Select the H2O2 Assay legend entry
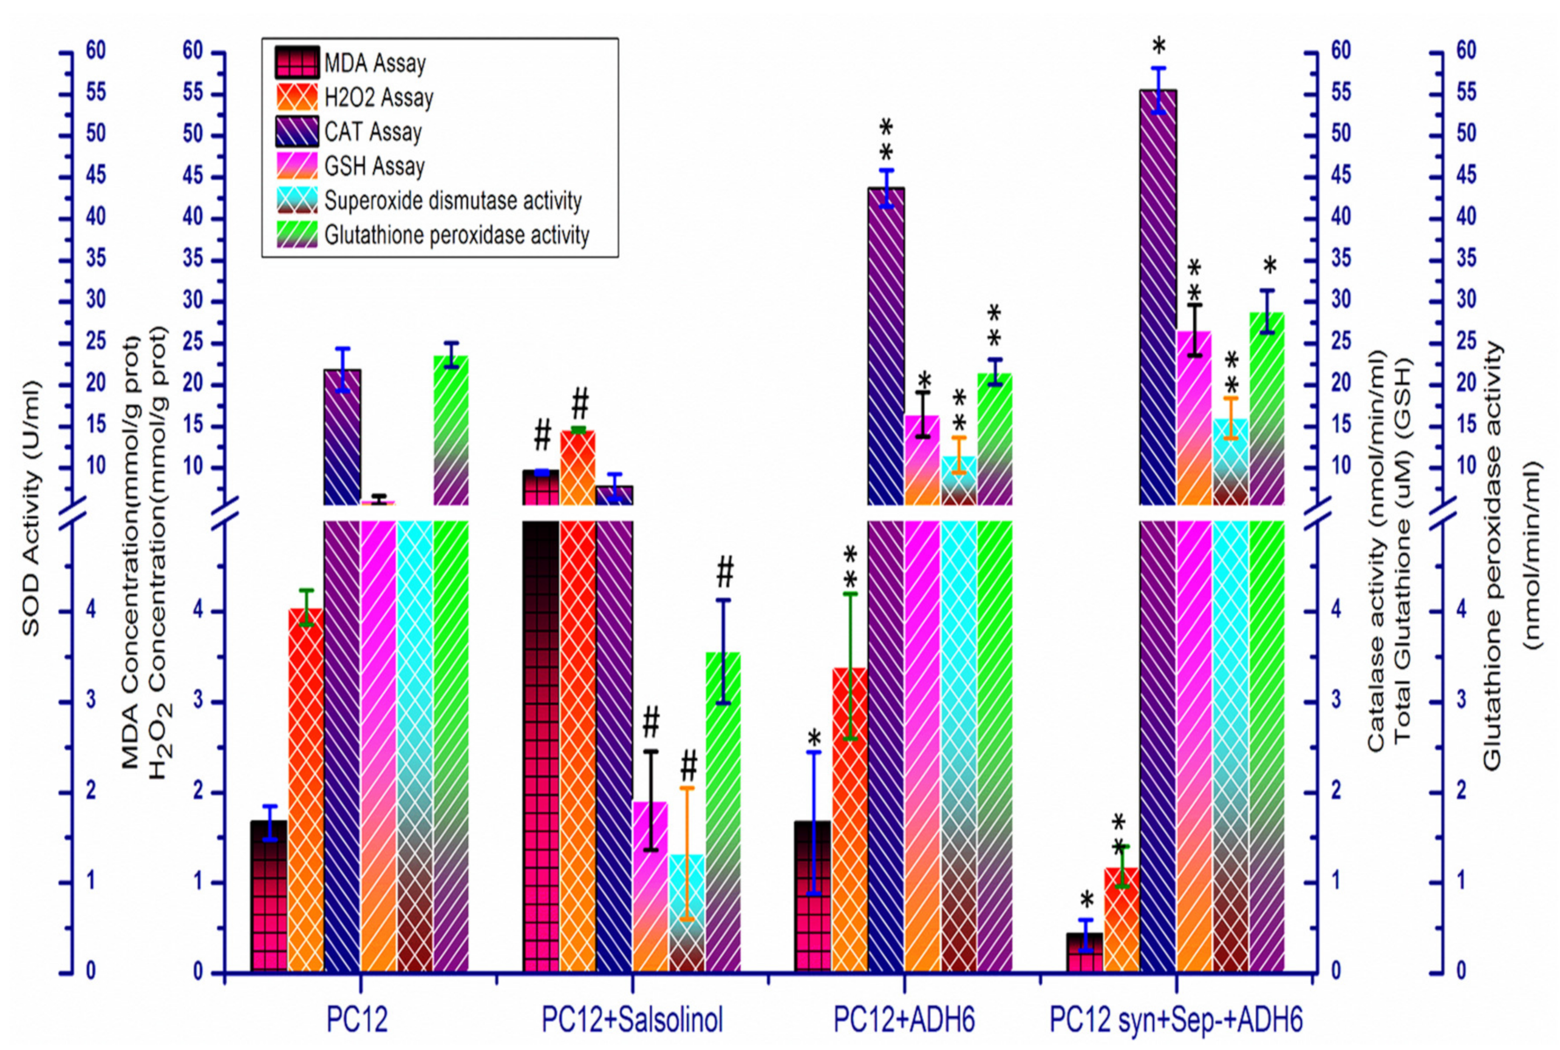(378, 98)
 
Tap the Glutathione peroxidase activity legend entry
(456, 235)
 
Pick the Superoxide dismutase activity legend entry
(453, 200)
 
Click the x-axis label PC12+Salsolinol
(632, 1020)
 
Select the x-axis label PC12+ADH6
(904, 1020)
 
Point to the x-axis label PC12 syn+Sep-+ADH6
(1176, 1020)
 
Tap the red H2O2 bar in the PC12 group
(306, 790)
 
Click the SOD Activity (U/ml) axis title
(31, 509)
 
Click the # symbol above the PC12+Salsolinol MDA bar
(542, 435)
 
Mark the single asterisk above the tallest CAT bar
(1159, 47)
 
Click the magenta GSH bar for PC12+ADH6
(922, 737)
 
